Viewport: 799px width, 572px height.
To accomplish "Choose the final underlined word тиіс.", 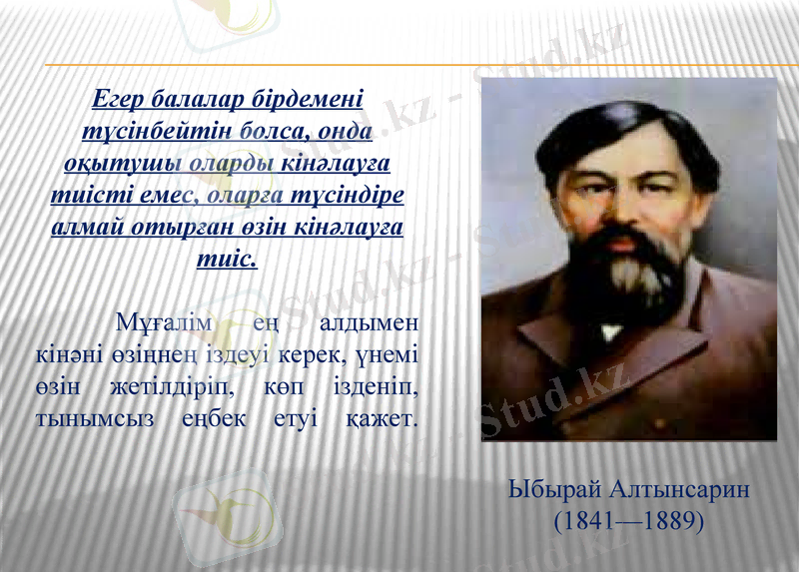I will [x=229, y=257].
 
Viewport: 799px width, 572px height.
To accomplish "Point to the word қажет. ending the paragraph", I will [x=382, y=419].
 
